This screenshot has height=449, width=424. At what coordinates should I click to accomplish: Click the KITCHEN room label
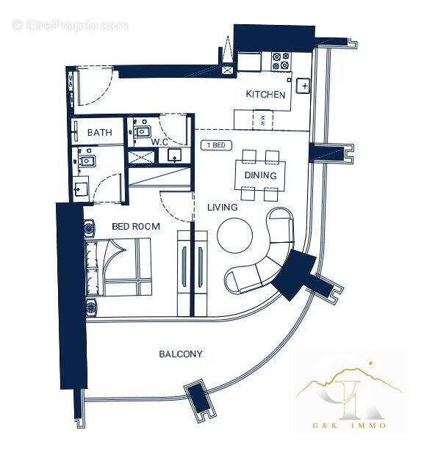(x=265, y=95)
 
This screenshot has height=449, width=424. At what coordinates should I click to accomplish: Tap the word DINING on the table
(x=260, y=175)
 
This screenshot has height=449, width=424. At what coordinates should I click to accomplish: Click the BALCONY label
(x=181, y=354)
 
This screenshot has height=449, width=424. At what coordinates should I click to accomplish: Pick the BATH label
(x=99, y=133)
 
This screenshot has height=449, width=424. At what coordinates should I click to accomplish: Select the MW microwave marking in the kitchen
(x=262, y=120)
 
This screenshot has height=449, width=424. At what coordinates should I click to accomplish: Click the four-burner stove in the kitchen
(x=280, y=61)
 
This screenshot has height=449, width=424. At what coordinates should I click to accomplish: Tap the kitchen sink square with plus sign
(x=304, y=87)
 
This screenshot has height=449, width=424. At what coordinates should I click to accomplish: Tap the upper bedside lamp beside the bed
(x=91, y=228)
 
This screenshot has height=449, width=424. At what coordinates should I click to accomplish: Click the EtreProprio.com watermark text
(x=71, y=26)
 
